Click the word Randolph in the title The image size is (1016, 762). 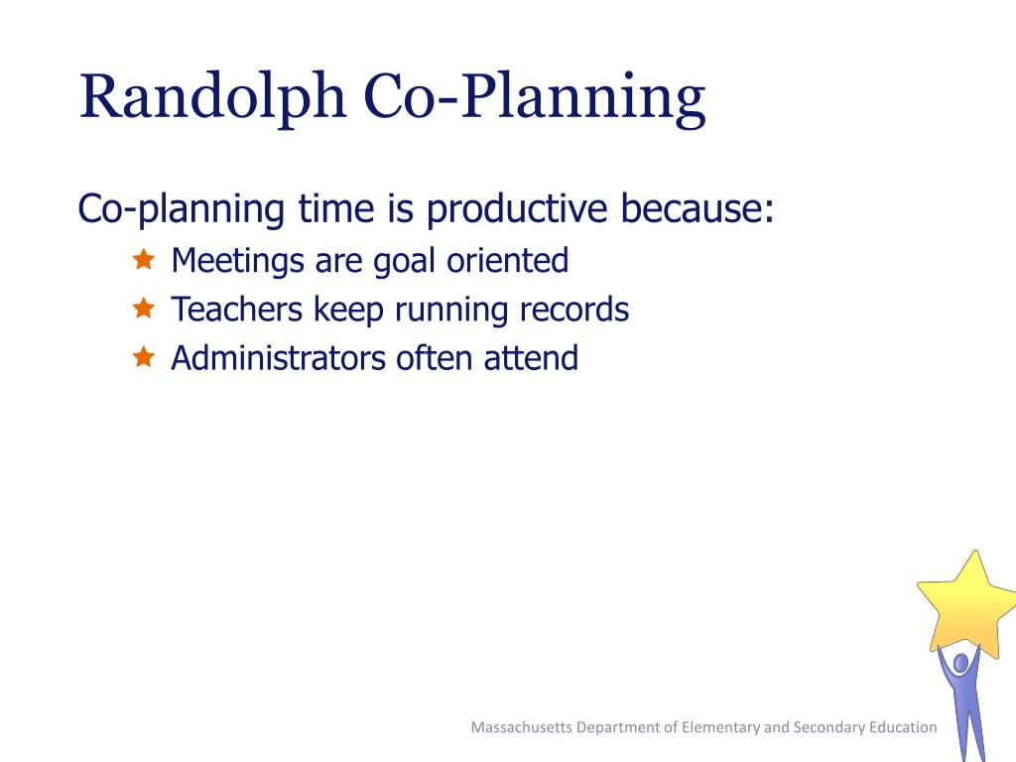pyautogui.click(x=212, y=98)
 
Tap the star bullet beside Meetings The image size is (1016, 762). pyautogui.click(x=143, y=259)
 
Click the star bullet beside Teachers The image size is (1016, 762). pyautogui.click(x=143, y=308)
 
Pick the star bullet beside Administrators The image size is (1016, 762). pyautogui.click(x=143, y=356)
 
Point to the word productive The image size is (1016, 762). pyautogui.click(x=516, y=209)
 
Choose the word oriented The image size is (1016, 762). pyautogui.click(x=507, y=261)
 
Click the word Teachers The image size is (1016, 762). pyautogui.click(x=236, y=310)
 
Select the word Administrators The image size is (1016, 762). pyautogui.click(x=278, y=357)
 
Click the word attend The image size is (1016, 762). pyautogui.click(x=531, y=357)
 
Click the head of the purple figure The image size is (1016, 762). pyautogui.click(x=961, y=663)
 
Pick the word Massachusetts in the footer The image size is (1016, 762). pyautogui.click(x=522, y=727)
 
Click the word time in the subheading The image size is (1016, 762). pyautogui.click(x=336, y=208)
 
